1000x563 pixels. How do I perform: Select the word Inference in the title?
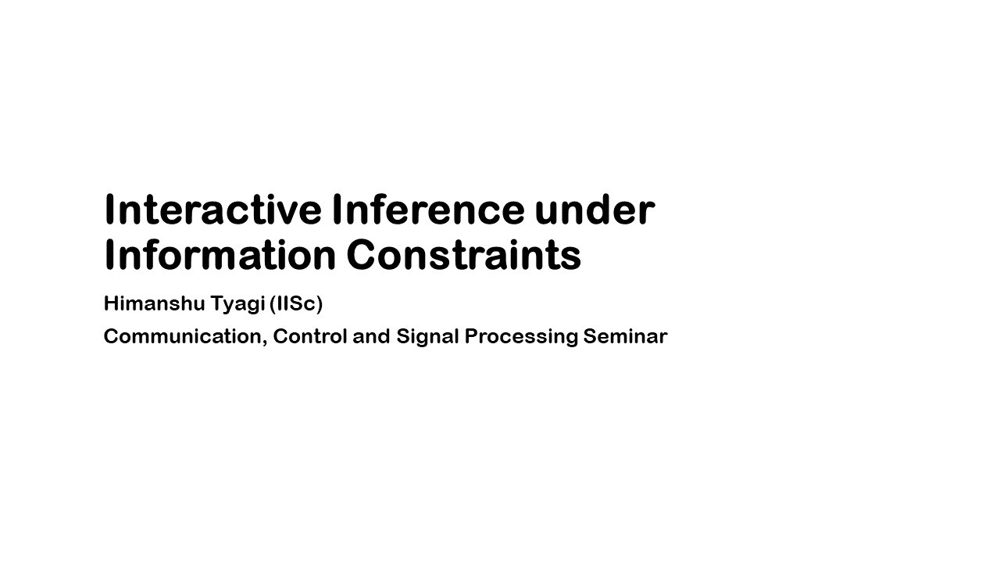coord(427,210)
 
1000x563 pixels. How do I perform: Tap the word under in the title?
coord(595,210)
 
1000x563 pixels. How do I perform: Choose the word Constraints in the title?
coord(463,255)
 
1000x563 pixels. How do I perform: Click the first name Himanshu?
coord(154,303)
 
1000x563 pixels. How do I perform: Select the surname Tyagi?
coord(237,304)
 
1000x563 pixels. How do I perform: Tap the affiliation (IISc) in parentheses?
coord(296,303)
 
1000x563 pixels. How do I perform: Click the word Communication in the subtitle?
coord(184,336)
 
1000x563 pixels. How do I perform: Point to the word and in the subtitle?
coord(371,336)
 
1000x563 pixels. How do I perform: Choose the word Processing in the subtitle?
coord(521,337)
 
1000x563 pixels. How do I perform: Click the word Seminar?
coord(625,336)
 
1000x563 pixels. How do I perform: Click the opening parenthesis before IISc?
coord(273,303)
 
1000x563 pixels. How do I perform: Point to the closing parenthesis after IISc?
coord(320,303)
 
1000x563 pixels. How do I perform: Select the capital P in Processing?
coord(470,336)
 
